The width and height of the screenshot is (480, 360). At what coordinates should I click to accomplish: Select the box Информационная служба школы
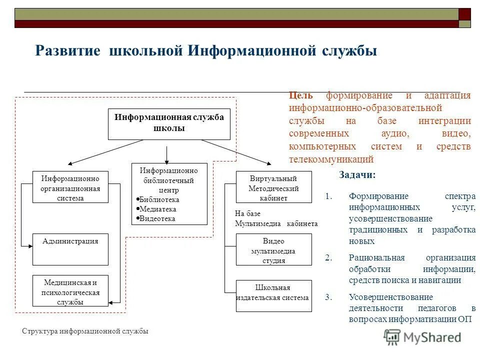[x=169, y=123]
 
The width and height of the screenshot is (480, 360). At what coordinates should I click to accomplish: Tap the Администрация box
[x=70, y=248]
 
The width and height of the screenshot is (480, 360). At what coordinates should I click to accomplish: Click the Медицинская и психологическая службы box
[x=70, y=290]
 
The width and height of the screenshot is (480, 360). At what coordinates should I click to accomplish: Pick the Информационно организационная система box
[x=70, y=187]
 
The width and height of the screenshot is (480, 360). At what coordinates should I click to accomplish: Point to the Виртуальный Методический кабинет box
[x=273, y=187]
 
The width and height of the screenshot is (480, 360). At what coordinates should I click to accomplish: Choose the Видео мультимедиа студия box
[x=273, y=249]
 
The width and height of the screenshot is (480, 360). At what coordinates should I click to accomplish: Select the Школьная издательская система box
[x=273, y=295]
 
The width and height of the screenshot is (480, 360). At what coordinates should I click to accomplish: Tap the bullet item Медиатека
[x=158, y=209]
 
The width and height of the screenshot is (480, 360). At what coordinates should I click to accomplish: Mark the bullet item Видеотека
[x=157, y=218]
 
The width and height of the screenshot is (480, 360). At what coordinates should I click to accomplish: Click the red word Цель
[x=301, y=95]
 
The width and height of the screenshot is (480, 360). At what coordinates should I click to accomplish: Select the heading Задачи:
[x=357, y=175]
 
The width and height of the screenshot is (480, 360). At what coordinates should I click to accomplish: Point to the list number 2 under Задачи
[x=328, y=258]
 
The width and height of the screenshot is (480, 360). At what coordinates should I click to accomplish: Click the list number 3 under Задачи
[x=328, y=297]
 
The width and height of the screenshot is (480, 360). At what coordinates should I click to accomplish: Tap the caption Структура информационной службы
[x=85, y=331]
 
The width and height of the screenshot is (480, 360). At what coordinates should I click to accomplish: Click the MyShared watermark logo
[x=422, y=337]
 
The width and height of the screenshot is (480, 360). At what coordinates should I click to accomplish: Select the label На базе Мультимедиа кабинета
[x=276, y=219]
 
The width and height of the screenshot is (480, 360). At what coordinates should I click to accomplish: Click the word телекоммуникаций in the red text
[x=331, y=159]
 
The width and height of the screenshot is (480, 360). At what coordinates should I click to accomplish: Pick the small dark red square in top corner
[x=465, y=13]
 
